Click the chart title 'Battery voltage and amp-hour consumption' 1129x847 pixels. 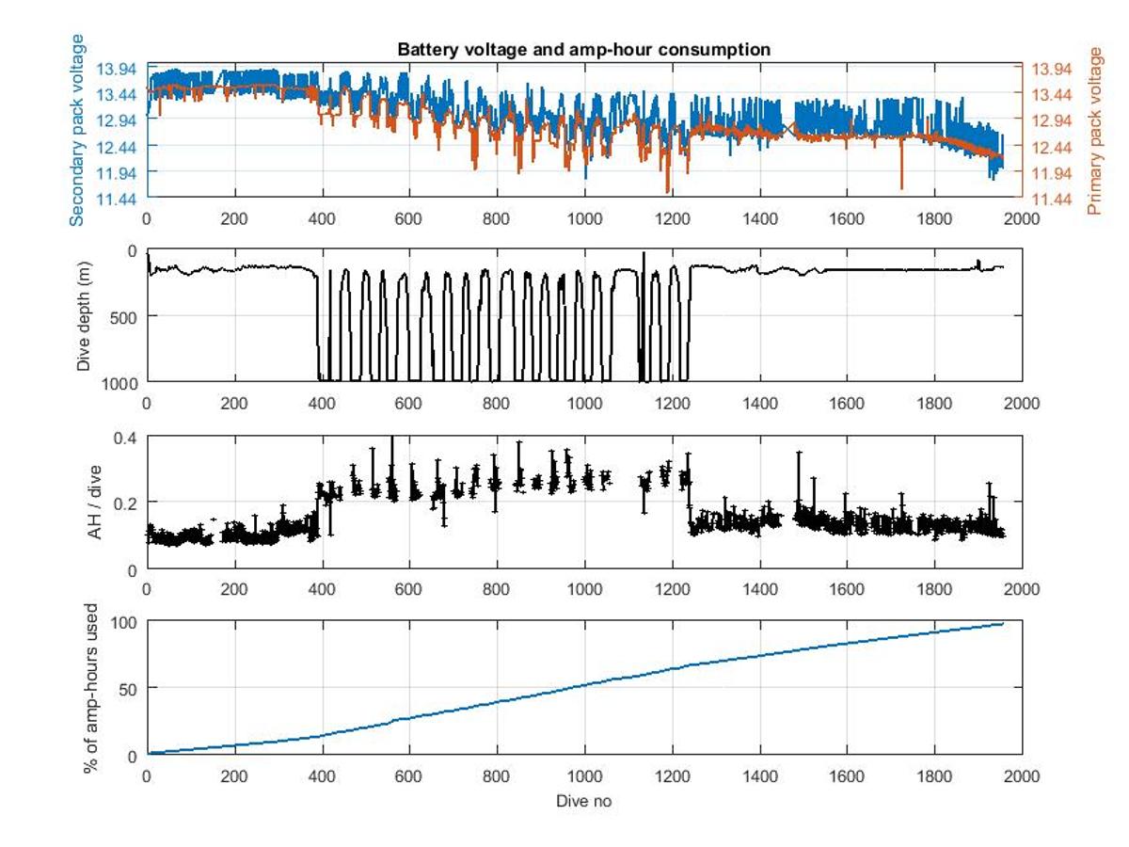584,50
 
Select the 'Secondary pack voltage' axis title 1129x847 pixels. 77,130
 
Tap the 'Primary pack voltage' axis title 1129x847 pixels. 1094,130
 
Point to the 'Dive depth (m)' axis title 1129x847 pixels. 84,316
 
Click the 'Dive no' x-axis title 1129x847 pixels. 584,801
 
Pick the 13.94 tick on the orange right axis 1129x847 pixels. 1052,69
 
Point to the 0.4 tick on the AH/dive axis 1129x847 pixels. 125,439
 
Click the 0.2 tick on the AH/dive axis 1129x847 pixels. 125,503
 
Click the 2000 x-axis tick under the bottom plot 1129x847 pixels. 1022,775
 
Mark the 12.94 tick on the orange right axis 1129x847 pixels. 1052,120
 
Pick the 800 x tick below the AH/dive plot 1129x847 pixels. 497,589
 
